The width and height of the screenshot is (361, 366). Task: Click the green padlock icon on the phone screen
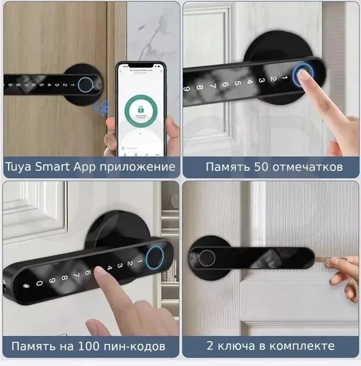tap(140, 110)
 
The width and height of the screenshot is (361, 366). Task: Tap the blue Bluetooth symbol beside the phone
tap(97, 109)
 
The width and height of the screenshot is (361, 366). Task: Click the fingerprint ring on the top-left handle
tap(85, 84)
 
